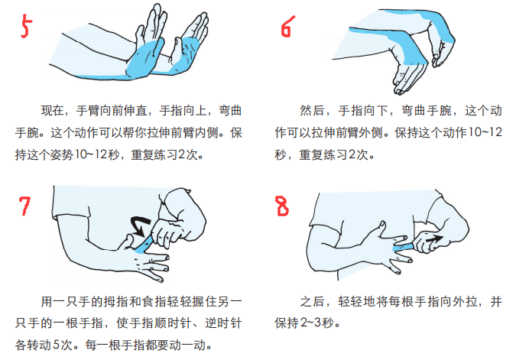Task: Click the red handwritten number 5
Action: (x=26, y=26)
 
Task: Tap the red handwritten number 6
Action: (x=287, y=27)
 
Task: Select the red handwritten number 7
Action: (x=24, y=206)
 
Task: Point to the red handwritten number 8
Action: (x=282, y=206)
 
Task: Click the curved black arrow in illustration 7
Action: (x=138, y=225)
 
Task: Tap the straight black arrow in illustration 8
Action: (x=434, y=238)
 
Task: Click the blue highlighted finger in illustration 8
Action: (x=404, y=247)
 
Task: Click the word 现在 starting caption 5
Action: (x=52, y=111)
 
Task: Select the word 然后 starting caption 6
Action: (x=311, y=111)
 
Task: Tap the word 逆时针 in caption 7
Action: (x=224, y=323)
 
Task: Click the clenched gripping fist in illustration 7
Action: (x=170, y=234)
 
